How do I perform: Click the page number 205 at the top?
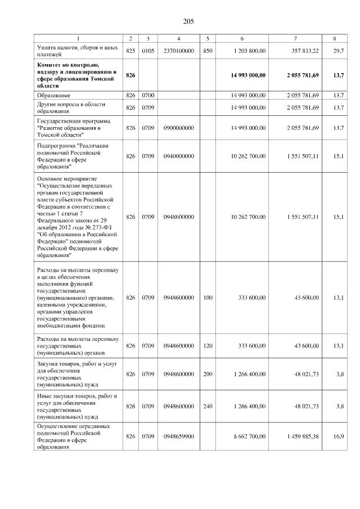coord(188,21)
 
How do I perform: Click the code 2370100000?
coord(178,51)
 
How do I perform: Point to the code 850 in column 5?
coord(208,51)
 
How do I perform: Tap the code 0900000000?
coord(178,128)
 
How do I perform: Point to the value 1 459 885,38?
coord(304,436)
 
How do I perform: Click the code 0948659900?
coord(178,436)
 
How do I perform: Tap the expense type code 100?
coord(208,298)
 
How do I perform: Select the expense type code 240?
coord(208,406)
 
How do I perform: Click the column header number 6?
coord(242,38)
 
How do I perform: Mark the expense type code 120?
coord(208,346)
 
